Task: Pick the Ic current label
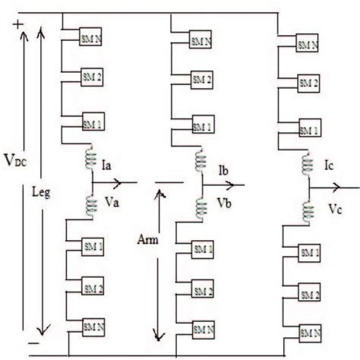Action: click(x=329, y=164)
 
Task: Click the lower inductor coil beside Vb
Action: click(x=203, y=206)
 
